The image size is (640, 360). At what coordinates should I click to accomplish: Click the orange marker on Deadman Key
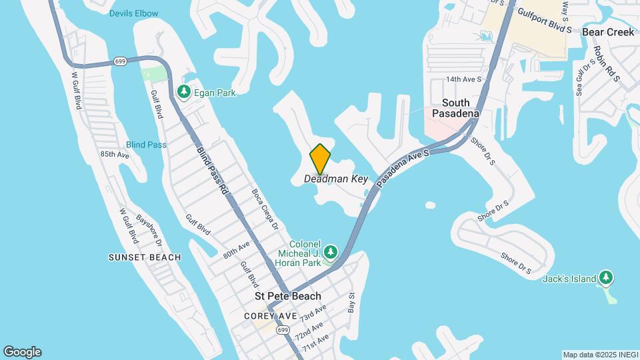click(321, 159)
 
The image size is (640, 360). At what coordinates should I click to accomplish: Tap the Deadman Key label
click(336, 179)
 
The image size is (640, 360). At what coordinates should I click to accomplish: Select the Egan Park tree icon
click(183, 93)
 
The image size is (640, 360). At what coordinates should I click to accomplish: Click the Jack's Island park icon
click(605, 278)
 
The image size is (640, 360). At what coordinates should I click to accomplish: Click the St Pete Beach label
click(288, 296)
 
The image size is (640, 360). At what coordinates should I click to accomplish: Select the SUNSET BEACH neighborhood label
click(145, 257)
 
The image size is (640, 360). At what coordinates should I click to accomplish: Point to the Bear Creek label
click(608, 32)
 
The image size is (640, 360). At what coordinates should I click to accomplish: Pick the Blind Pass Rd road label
click(213, 170)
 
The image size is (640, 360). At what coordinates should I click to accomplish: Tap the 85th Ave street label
click(114, 155)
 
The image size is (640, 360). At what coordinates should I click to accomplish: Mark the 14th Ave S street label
click(464, 79)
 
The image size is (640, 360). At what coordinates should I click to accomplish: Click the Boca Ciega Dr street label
click(264, 209)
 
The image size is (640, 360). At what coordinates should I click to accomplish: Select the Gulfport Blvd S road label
click(545, 22)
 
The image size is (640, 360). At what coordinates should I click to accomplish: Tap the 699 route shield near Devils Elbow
click(120, 61)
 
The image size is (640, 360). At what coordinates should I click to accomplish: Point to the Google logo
click(22, 352)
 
